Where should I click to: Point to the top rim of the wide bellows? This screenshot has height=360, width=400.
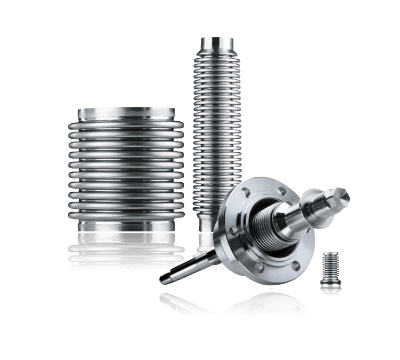pyautogui.click(x=126, y=113)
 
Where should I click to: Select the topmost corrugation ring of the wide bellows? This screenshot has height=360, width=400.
pyautogui.click(x=126, y=125)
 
